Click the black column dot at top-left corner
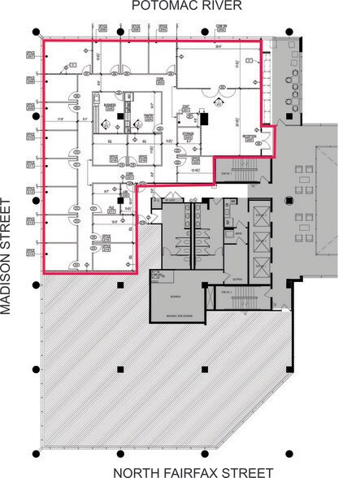(36, 32)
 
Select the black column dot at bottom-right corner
(288, 453)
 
